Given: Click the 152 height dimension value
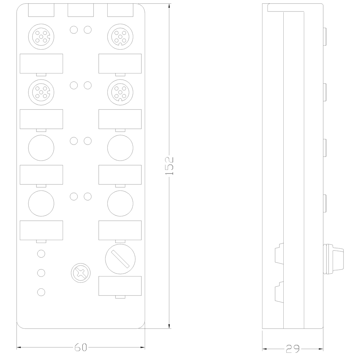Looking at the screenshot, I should [x=170, y=166].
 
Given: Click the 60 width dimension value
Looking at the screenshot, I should [x=81, y=347].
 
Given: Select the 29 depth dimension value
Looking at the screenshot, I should [x=292, y=348].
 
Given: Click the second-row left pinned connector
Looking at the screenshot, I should [x=41, y=90].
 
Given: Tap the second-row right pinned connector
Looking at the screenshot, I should [x=120, y=90].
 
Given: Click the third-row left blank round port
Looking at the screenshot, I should [x=41, y=146].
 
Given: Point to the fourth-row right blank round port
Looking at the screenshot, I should [x=120, y=202].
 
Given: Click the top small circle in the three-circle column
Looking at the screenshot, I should [x=41, y=254].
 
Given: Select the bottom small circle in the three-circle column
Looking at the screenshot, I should [x=41, y=292].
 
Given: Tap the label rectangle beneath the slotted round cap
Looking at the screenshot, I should [x=120, y=286].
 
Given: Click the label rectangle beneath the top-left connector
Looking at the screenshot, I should [x=41, y=63].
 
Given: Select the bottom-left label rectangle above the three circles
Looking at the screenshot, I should [x=41, y=230].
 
